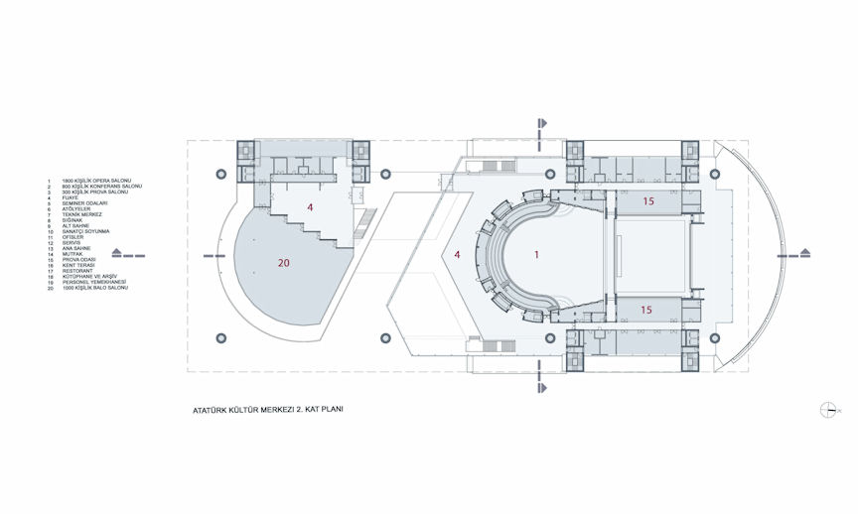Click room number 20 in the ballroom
[x=283, y=263]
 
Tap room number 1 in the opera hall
[x=536, y=255]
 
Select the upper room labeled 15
[x=648, y=201]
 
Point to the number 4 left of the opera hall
[x=457, y=255]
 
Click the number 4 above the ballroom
[x=310, y=207]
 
